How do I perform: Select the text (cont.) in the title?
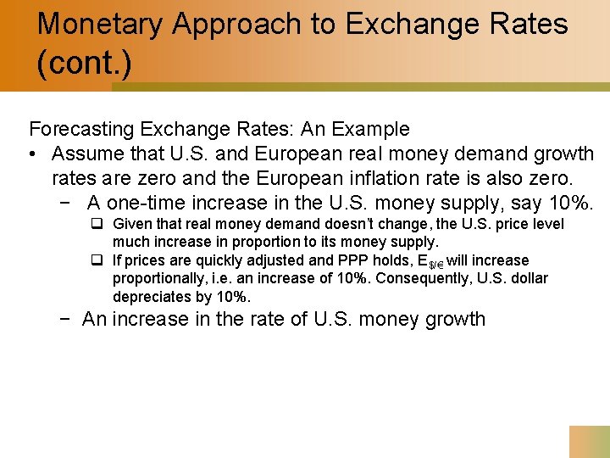point(84,64)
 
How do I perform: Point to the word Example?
point(371,130)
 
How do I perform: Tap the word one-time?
point(145,204)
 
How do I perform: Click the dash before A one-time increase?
point(70,204)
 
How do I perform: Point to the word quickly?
point(203,260)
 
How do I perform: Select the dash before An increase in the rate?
point(70,320)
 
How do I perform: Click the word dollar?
point(527,278)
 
